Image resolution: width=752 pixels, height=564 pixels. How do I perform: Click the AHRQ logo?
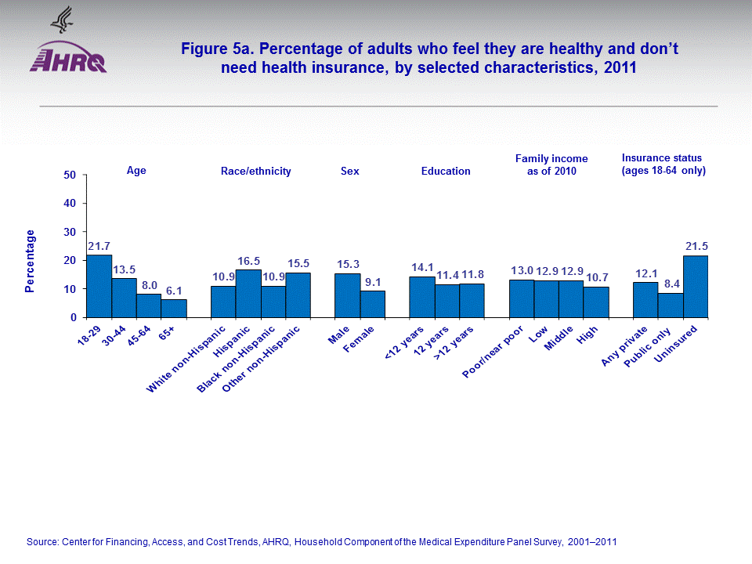68,59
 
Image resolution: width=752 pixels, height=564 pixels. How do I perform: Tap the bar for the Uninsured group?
696,287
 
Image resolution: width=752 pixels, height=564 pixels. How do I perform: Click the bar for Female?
373,304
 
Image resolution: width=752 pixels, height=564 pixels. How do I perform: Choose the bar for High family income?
596,302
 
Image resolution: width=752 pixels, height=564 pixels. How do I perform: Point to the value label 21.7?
99,247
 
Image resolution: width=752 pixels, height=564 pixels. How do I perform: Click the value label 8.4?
671,285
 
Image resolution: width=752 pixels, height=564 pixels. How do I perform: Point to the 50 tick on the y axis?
70,175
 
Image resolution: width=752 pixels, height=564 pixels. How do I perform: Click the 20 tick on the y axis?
70,261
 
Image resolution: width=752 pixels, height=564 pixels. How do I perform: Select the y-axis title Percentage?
30,261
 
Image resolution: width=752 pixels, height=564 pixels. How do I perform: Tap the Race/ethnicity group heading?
256,171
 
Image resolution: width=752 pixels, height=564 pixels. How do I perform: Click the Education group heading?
446,171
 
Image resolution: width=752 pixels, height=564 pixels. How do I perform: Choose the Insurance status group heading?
663,164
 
